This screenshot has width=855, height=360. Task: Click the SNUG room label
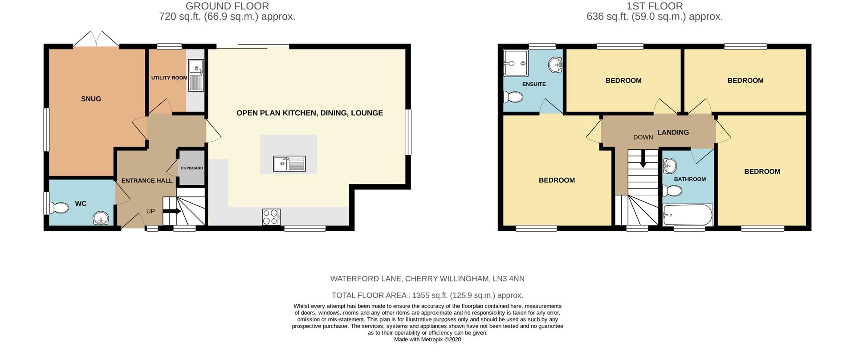point(91,99)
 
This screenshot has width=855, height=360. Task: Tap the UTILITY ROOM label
point(169,78)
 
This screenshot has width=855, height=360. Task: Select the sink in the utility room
point(196,75)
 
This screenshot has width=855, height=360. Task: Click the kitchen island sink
point(289,164)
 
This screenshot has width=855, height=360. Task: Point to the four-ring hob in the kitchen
point(271,217)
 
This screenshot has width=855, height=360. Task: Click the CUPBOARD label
point(191,168)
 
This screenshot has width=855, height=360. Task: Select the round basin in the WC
point(101,219)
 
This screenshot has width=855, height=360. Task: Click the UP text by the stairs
point(151,211)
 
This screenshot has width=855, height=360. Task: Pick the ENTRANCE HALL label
point(147,180)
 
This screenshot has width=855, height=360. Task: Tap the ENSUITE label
point(534,84)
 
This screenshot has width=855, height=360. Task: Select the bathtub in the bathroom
point(687,215)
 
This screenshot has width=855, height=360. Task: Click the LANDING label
point(673,132)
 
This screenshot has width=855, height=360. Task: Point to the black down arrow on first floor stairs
point(643,160)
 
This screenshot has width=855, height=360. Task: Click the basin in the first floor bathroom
point(669,167)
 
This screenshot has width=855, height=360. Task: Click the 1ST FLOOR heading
point(654,6)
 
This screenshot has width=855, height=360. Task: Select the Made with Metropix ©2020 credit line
point(427,340)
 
